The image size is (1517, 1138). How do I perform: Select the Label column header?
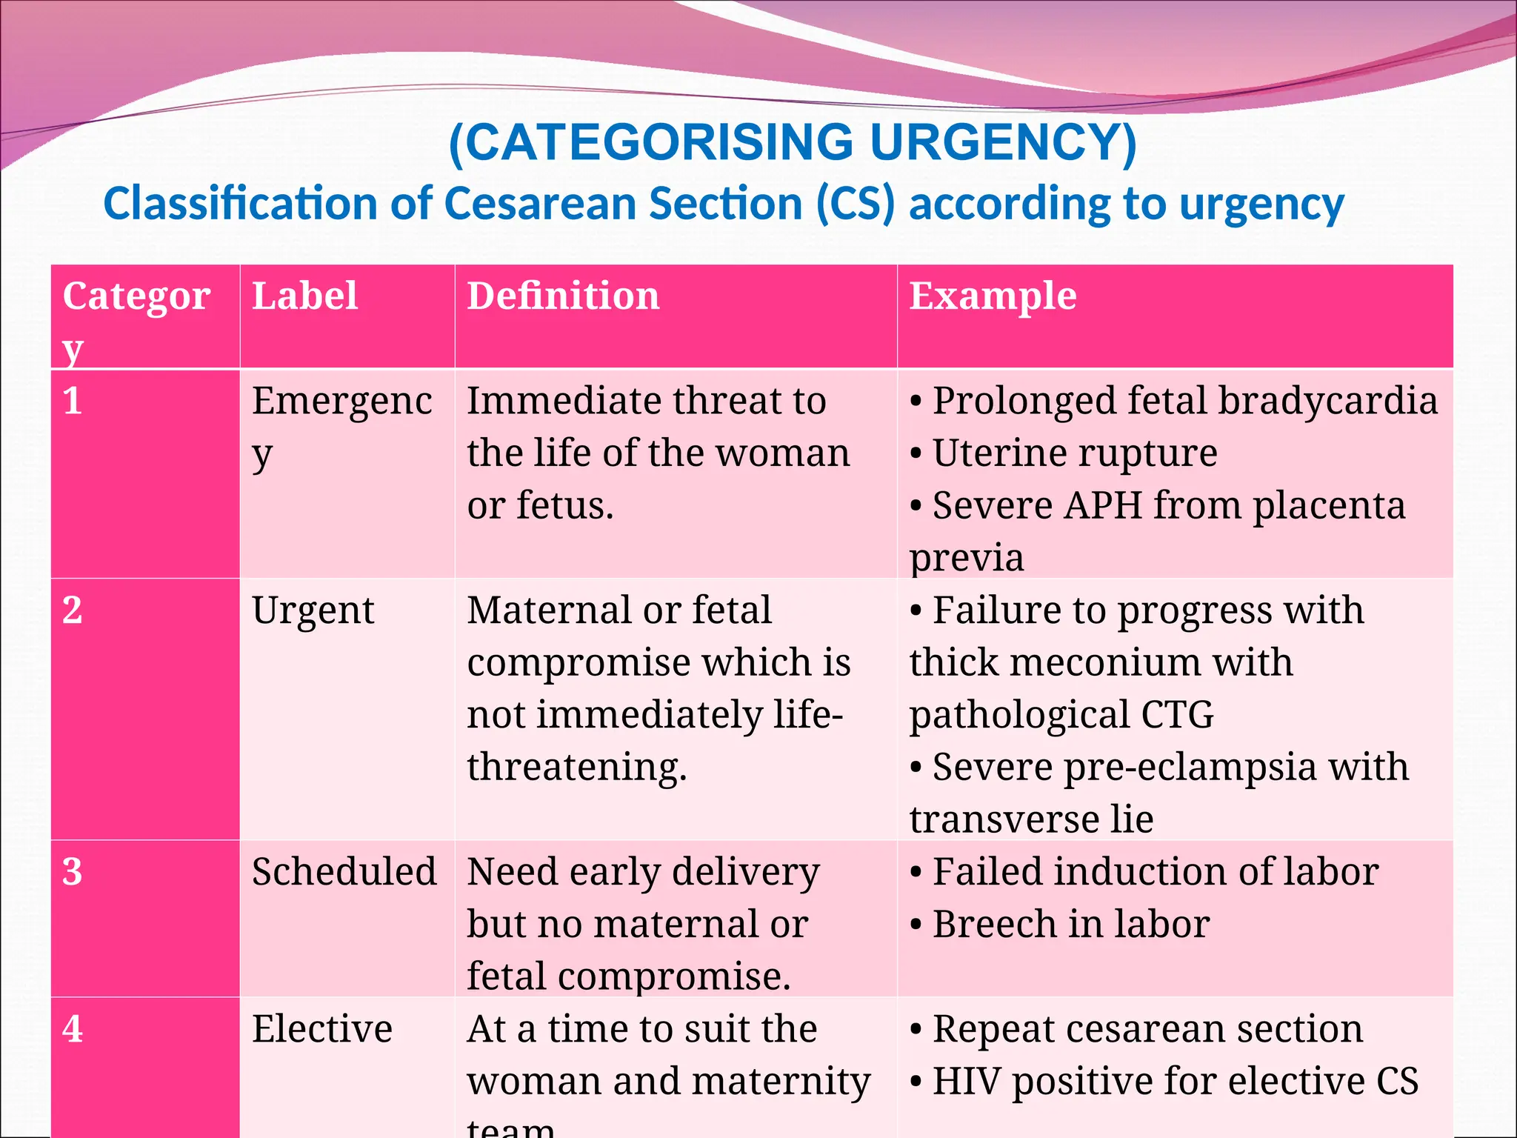304,296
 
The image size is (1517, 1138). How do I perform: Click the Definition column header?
563,296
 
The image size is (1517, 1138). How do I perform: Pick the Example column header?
993,296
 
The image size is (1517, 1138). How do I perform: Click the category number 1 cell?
73,401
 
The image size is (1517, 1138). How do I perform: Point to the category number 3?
73,871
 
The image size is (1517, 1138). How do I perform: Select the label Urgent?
313,610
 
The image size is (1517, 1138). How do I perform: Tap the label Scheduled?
344,871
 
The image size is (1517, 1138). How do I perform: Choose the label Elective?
321,1029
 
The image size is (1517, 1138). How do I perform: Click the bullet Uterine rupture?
1074,453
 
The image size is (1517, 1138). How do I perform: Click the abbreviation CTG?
1177,715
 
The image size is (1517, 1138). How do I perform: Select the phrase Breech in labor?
1070,924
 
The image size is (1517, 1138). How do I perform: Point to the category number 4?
73,1029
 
